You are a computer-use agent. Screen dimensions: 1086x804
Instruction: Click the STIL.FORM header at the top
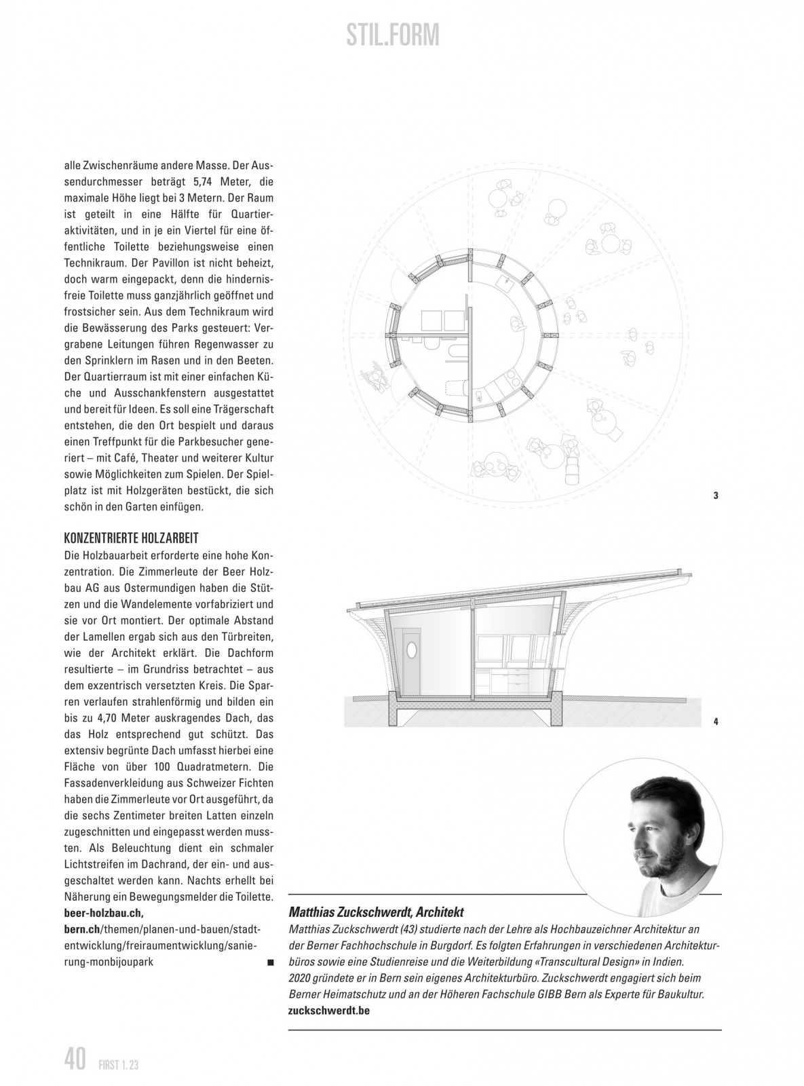click(x=392, y=35)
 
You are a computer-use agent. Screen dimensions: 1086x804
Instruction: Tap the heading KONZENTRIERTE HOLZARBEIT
click(x=131, y=538)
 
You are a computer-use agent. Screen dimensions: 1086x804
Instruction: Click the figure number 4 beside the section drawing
click(x=716, y=722)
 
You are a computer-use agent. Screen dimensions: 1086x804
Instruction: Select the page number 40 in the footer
click(x=75, y=1059)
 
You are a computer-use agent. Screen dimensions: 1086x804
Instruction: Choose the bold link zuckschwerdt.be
click(x=328, y=1010)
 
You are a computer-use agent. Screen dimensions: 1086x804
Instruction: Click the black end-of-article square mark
click(x=270, y=962)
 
